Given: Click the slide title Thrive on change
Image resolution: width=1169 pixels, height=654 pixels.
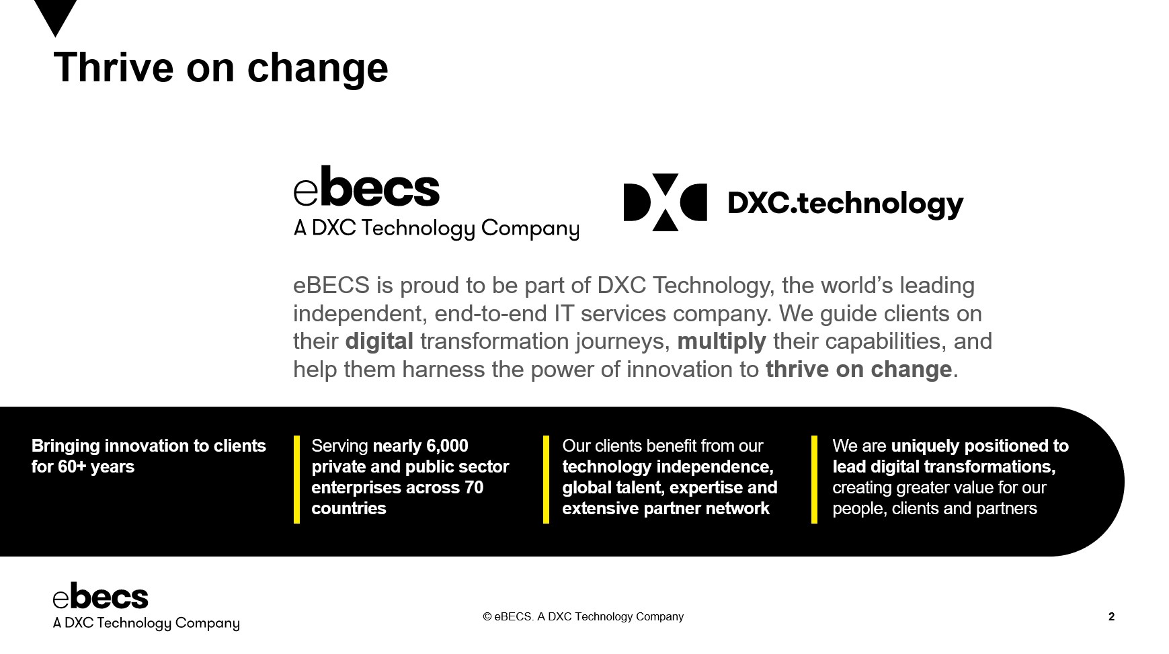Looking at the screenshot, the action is point(220,69).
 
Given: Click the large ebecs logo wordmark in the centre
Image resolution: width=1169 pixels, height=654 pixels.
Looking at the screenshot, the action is point(366,186).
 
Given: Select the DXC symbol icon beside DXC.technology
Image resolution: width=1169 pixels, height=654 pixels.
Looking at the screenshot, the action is point(665,202).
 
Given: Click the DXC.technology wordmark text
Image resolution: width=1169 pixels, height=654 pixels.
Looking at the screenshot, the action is point(846,204).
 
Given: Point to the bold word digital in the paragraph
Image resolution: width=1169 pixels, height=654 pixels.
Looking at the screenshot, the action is point(379,341).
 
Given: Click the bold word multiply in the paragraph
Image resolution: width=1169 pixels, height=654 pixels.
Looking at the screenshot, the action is point(721,342).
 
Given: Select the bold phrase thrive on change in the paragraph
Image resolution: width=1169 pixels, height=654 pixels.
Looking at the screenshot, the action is point(858,370).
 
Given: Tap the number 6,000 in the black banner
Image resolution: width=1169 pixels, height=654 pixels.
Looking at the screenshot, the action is point(447,446).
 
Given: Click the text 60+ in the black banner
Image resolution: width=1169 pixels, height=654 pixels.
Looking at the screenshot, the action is point(75,466).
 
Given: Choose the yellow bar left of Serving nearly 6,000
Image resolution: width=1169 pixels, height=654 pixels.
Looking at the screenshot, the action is point(296,479).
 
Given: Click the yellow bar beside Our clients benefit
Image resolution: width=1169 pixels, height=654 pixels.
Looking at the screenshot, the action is point(546,479).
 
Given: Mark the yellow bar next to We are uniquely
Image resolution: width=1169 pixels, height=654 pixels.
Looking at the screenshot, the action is point(814,479).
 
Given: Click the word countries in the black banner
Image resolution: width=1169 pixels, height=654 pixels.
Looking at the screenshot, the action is point(349,508).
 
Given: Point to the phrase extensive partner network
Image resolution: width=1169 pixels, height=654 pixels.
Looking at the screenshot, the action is point(666,508).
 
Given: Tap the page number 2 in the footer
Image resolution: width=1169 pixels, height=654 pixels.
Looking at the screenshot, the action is point(1111,616).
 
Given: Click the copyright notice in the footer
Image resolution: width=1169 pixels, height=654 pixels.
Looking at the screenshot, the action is point(583,616).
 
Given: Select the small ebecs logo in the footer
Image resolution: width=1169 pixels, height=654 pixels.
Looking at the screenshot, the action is point(146,606).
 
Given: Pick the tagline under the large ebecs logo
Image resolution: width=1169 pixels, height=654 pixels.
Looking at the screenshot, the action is point(436,229).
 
